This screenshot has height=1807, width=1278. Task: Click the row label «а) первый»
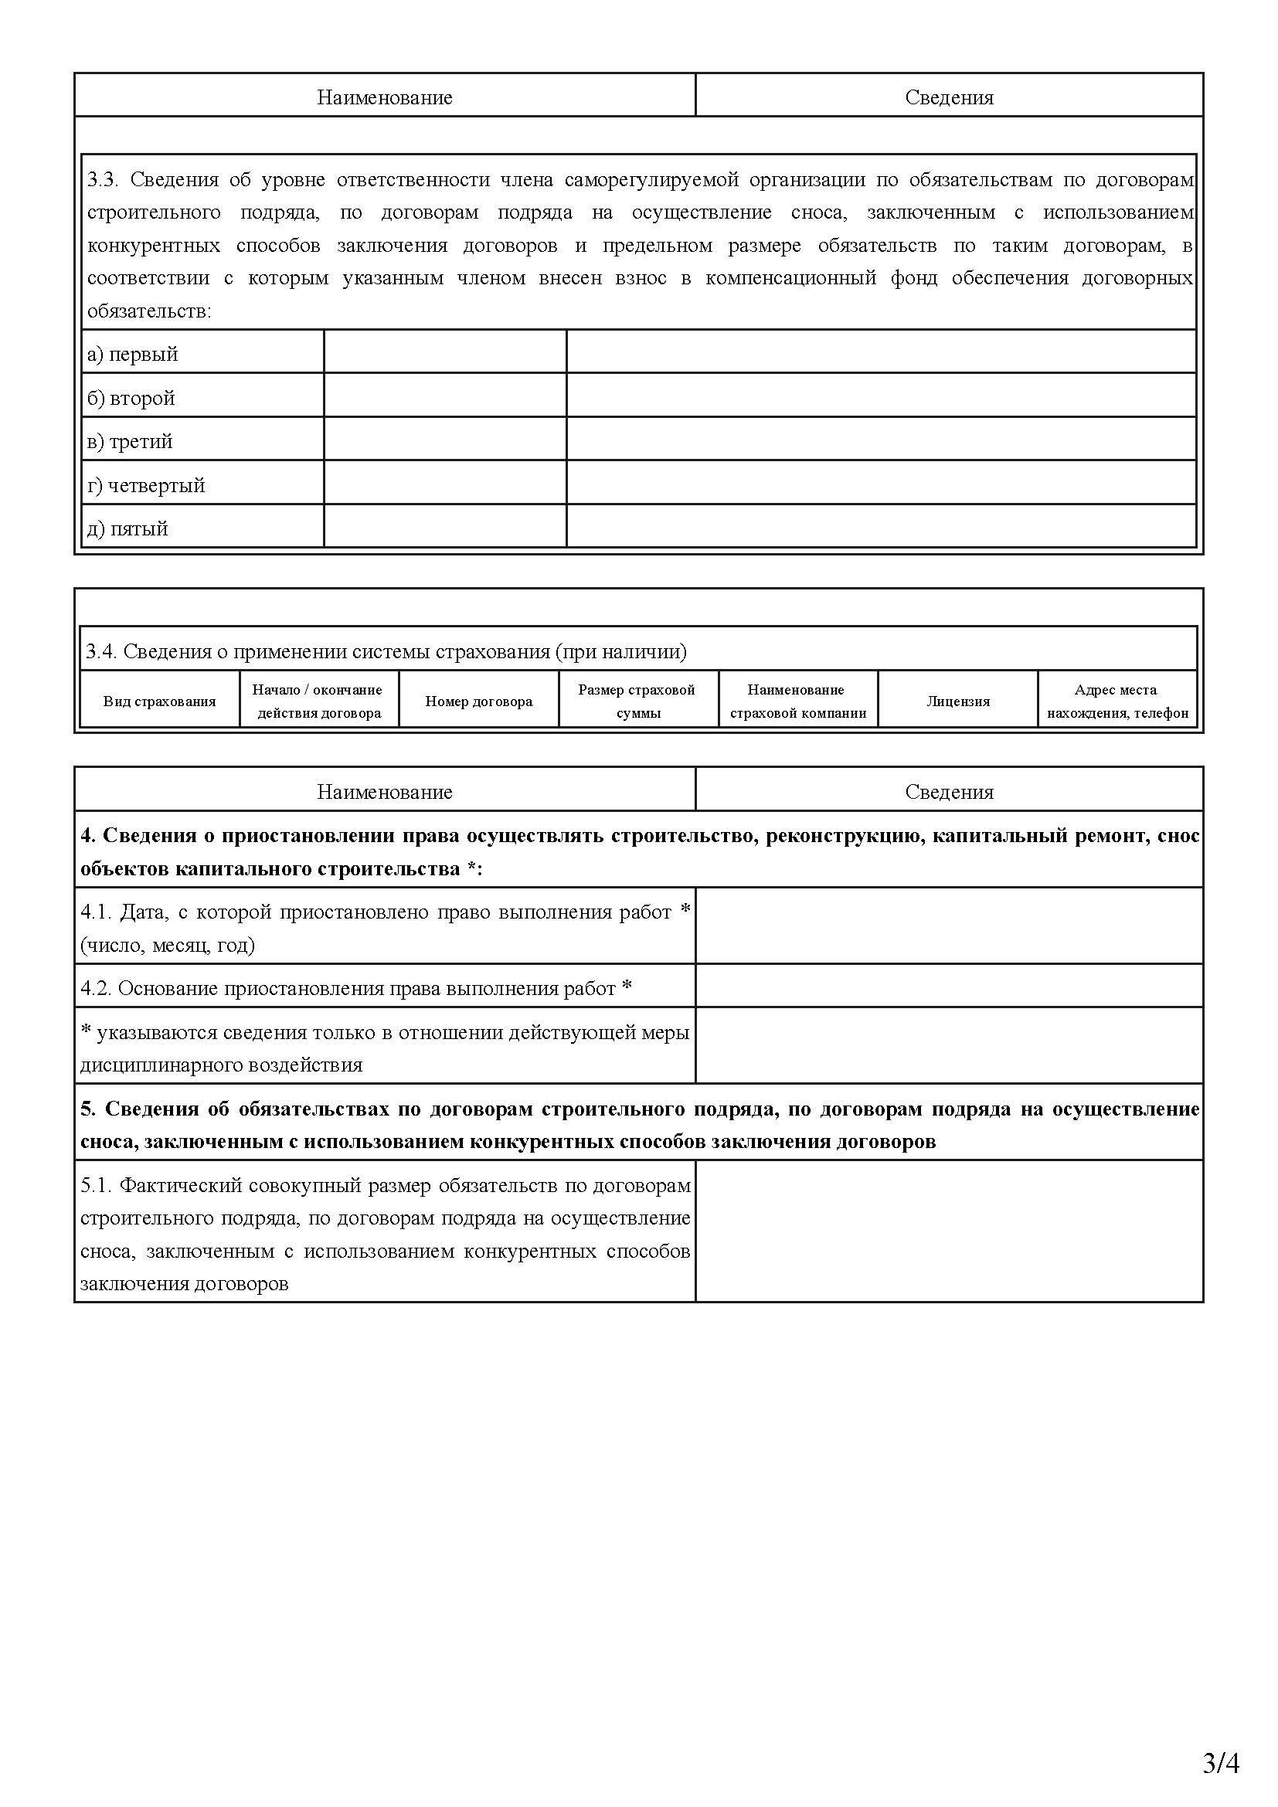[x=132, y=354]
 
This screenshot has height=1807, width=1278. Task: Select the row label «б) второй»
[x=131, y=398]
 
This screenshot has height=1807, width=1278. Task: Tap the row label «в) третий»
[x=130, y=442]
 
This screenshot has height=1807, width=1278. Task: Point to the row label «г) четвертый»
[x=145, y=486]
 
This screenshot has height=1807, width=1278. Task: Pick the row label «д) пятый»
[x=127, y=529]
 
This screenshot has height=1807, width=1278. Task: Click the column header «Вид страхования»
[x=160, y=701]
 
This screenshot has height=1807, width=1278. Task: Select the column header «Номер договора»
[x=478, y=701]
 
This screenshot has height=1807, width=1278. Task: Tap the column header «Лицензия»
[x=957, y=701]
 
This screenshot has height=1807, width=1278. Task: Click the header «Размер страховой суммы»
[x=637, y=701]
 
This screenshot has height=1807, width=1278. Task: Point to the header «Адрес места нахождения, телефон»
[x=1117, y=701]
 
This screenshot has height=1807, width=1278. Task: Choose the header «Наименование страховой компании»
[x=797, y=701]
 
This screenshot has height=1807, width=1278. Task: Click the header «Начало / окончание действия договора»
[x=318, y=701]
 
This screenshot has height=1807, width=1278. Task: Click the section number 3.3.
[x=102, y=180]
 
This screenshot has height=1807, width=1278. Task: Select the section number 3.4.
[x=100, y=652]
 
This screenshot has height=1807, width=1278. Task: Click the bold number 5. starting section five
[x=88, y=1109]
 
